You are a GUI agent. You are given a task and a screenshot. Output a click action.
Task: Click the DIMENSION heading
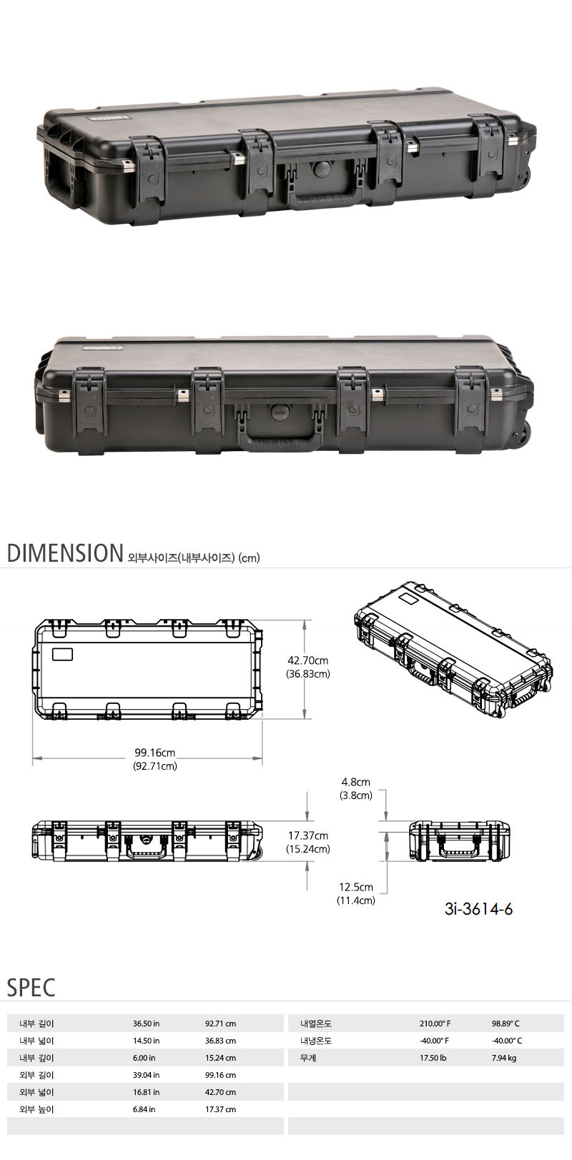(65, 553)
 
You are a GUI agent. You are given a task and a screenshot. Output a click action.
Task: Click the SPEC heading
(31, 988)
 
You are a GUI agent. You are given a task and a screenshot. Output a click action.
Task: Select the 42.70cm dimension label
(307, 660)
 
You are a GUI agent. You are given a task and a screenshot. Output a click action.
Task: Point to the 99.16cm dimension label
(155, 753)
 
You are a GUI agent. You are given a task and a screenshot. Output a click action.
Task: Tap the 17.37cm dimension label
(308, 836)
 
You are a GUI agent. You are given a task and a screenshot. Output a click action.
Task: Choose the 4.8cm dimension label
(356, 782)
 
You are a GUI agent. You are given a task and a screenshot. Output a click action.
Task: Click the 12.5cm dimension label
(356, 887)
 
